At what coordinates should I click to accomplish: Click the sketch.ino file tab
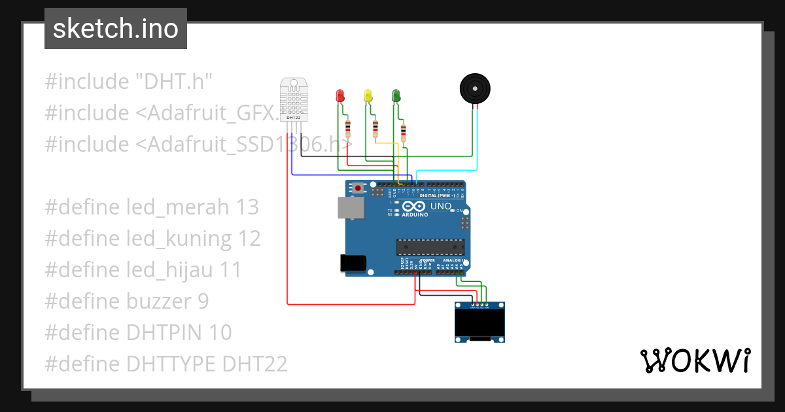click(x=116, y=29)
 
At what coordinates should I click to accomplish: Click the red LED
click(x=340, y=95)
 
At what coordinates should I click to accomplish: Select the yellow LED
click(x=368, y=95)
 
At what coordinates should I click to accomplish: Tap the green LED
click(x=395, y=95)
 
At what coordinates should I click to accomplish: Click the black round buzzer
click(x=474, y=88)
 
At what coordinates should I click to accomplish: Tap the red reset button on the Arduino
click(x=358, y=188)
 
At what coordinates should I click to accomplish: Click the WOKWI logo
click(x=695, y=360)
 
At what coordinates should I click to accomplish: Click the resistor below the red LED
click(x=347, y=126)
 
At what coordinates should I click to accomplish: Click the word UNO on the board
click(x=440, y=206)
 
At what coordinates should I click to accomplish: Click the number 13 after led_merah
click(x=247, y=207)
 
